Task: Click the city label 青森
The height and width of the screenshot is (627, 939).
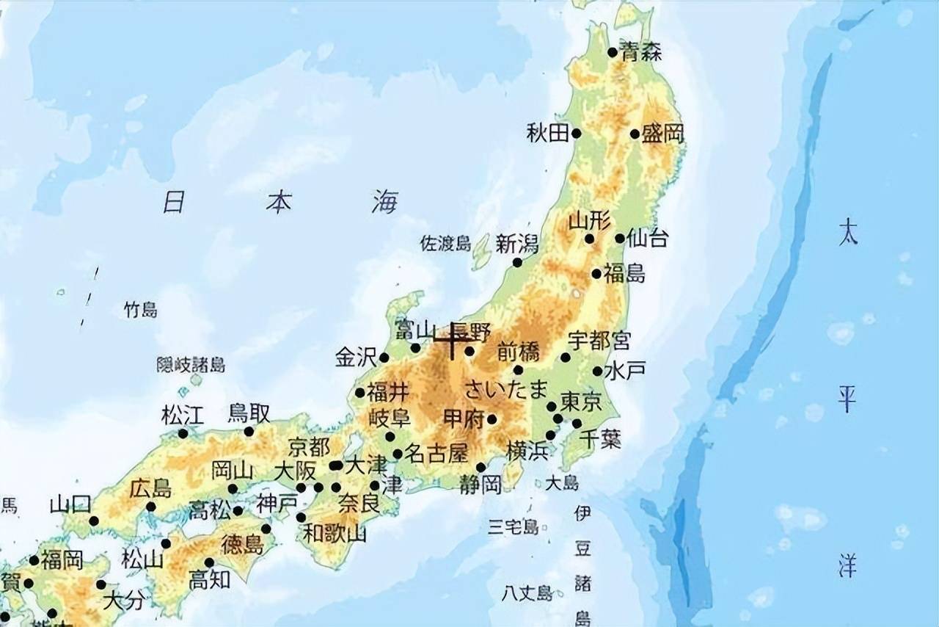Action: [640, 51]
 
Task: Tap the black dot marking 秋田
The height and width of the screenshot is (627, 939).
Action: [576, 134]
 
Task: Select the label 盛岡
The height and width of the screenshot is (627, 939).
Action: [662, 133]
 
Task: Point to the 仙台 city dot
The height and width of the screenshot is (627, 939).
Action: [620, 238]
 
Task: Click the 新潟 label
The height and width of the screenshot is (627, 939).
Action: [517, 244]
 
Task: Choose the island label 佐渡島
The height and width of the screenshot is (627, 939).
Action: [445, 244]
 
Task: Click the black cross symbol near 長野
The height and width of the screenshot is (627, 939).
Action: [451, 340]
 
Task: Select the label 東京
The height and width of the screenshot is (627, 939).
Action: [581, 402]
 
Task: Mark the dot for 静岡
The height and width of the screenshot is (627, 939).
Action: [481, 467]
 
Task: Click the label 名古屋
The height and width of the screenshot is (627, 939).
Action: [436, 454]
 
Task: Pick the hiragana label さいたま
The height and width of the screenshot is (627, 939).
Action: [506, 388]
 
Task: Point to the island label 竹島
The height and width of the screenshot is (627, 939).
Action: [140, 310]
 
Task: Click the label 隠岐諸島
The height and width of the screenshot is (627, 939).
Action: [191, 365]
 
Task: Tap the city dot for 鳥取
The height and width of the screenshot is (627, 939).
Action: [249, 432]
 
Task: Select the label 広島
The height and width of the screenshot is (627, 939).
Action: [150, 488]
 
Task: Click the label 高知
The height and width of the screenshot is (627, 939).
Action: [209, 580]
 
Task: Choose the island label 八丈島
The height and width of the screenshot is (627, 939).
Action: [527, 592]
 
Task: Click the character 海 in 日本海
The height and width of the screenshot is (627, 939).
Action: [385, 201]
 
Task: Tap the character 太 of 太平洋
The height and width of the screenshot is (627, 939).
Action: [847, 234]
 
